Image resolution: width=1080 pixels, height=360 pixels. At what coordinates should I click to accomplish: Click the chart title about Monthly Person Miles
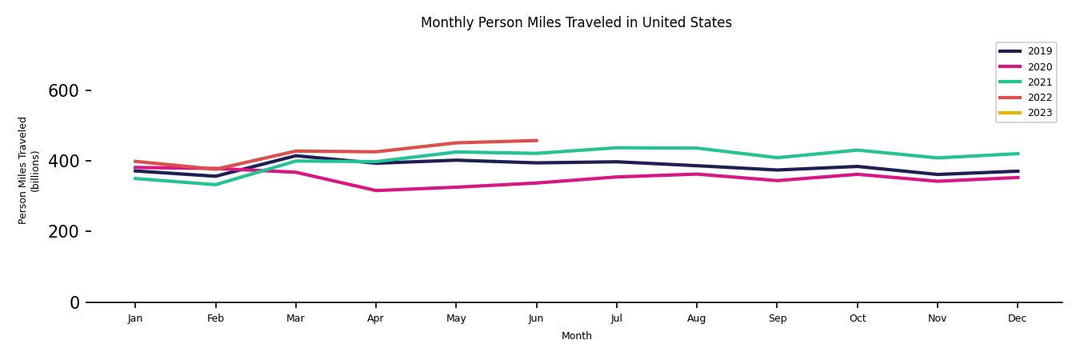coord(576,22)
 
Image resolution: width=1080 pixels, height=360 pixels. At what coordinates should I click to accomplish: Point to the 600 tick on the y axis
coord(63,91)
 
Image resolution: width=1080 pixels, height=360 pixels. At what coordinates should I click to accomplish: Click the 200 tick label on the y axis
coord(63,232)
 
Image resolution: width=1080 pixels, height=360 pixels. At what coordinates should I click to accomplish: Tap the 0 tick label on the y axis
coord(74,302)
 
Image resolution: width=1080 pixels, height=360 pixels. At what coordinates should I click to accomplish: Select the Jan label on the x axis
coord(135,318)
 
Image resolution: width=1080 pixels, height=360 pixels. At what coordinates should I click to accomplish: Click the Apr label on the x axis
coord(375,318)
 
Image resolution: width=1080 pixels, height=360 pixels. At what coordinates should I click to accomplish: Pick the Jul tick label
coord(616,318)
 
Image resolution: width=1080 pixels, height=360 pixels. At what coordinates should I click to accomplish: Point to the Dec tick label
coord(1017,318)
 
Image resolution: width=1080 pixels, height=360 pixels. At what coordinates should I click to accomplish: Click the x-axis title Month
coord(576,336)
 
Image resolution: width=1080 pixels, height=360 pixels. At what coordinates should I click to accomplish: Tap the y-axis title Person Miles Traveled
coord(29,170)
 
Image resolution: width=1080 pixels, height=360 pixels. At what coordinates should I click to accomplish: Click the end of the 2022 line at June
coord(536,141)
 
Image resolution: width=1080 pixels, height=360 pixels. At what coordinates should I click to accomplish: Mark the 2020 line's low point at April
coord(375,190)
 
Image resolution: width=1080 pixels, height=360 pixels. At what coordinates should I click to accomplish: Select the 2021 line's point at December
coord(1017,154)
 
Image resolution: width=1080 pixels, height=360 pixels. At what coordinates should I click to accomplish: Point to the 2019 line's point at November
coord(937,174)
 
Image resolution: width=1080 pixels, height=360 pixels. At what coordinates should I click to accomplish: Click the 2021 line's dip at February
coord(215,185)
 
